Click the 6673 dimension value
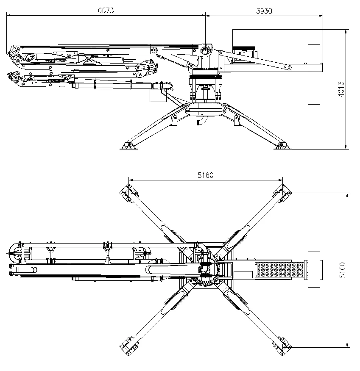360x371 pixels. tap(106, 10)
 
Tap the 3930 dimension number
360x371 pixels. tap(264, 10)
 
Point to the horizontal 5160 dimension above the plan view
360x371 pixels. tap(205, 175)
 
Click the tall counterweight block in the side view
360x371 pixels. tap(314, 74)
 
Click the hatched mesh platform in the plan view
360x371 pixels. tap(280, 270)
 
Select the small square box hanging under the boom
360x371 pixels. tap(156, 96)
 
